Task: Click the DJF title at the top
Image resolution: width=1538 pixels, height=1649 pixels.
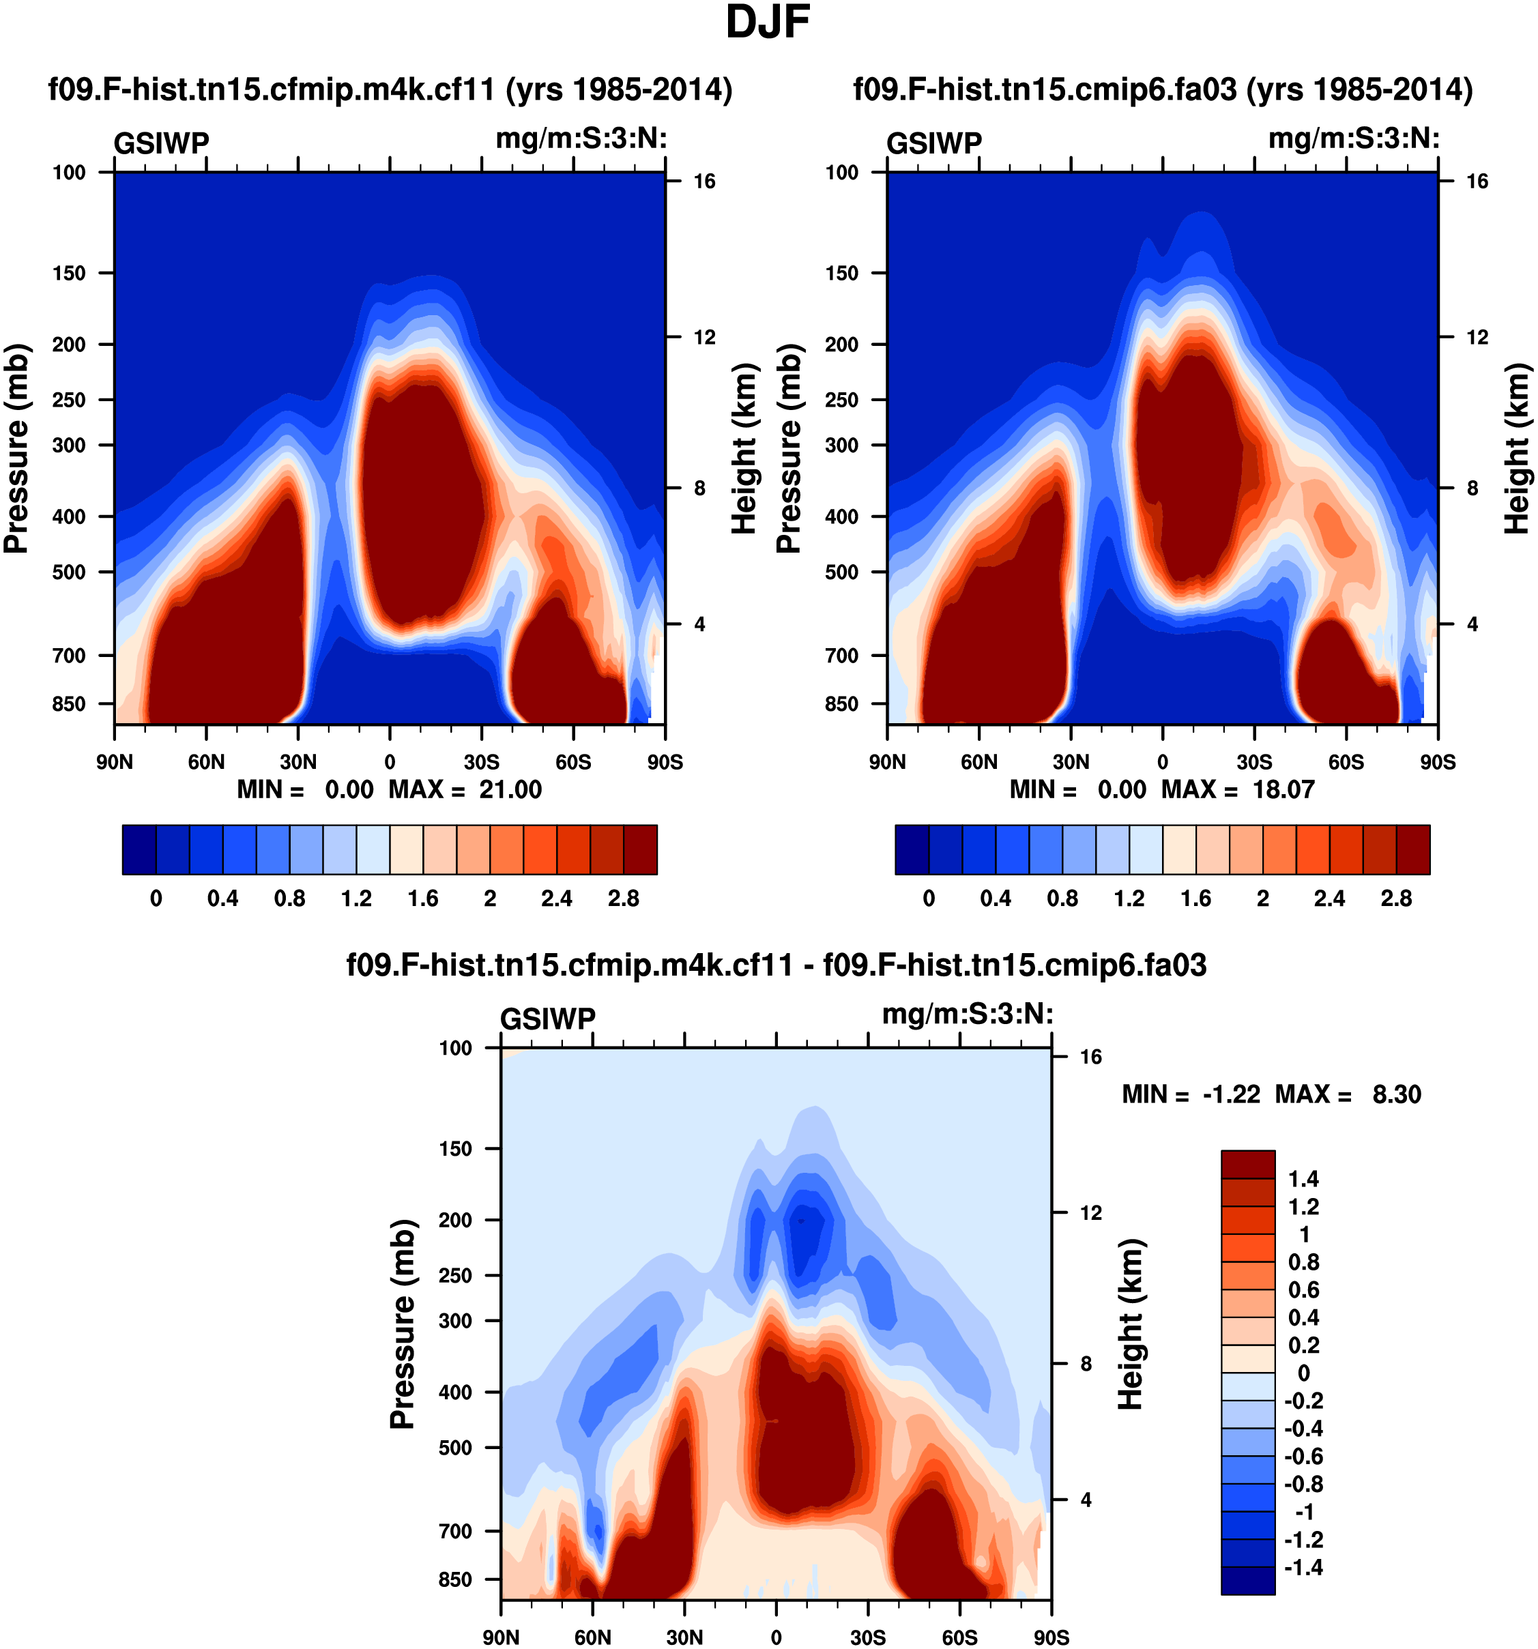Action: pyautogui.click(x=768, y=23)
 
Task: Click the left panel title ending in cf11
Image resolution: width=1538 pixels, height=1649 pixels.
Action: pyautogui.click(x=390, y=89)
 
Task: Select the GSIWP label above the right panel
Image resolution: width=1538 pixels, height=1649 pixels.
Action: pyautogui.click(x=933, y=143)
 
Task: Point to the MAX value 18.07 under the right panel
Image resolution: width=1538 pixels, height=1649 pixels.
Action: pyautogui.click(x=1283, y=789)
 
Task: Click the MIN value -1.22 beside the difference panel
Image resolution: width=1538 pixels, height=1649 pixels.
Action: pyautogui.click(x=1231, y=1094)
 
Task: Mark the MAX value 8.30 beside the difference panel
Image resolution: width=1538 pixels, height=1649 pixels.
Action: pyautogui.click(x=1396, y=1094)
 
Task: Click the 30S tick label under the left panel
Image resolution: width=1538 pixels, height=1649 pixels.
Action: pyautogui.click(x=482, y=761)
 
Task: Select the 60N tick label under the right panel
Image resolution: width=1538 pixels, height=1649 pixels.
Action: pyautogui.click(x=979, y=761)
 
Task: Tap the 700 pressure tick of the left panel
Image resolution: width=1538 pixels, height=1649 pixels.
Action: pyautogui.click(x=69, y=655)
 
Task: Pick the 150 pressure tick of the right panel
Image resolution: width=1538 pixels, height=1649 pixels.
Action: pyautogui.click(x=841, y=273)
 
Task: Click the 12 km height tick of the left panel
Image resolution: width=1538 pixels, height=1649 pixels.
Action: pyautogui.click(x=704, y=337)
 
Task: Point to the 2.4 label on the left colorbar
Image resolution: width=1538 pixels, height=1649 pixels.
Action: pyautogui.click(x=556, y=899)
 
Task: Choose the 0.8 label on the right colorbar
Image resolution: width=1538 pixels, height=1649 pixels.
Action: pyautogui.click(x=1062, y=899)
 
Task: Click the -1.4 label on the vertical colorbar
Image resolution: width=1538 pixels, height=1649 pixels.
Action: pyautogui.click(x=1303, y=1567)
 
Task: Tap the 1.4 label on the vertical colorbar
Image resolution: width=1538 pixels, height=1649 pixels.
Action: pyautogui.click(x=1303, y=1179)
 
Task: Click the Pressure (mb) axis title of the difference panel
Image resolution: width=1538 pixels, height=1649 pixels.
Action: pyautogui.click(x=403, y=1324)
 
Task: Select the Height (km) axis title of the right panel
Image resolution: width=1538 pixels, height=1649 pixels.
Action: pyautogui.click(x=1516, y=448)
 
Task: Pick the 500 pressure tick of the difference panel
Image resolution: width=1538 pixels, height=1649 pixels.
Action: pyautogui.click(x=455, y=1448)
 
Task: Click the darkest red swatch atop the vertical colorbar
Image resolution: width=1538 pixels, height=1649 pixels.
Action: pyautogui.click(x=1247, y=1165)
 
